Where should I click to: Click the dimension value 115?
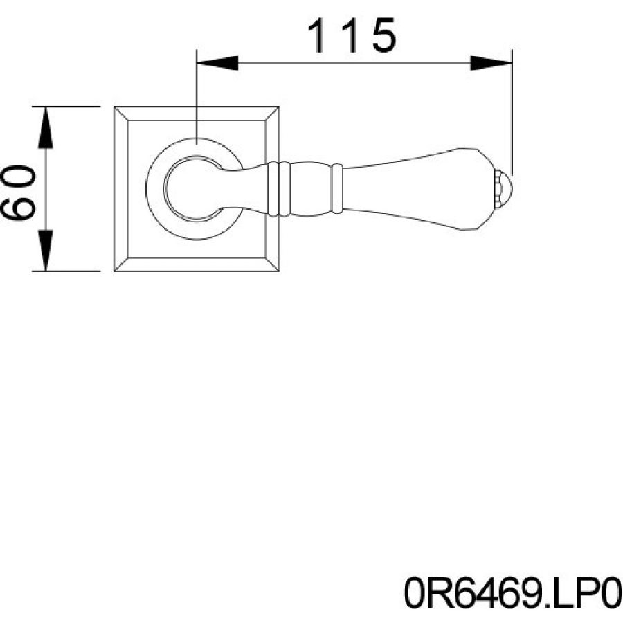(x=352, y=36)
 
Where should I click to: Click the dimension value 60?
(x=19, y=192)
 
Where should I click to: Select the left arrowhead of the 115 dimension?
(x=217, y=63)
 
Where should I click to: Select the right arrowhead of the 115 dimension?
(x=491, y=63)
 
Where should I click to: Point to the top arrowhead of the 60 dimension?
(x=45, y=127)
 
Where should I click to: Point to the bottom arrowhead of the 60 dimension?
(x=45, y=251)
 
